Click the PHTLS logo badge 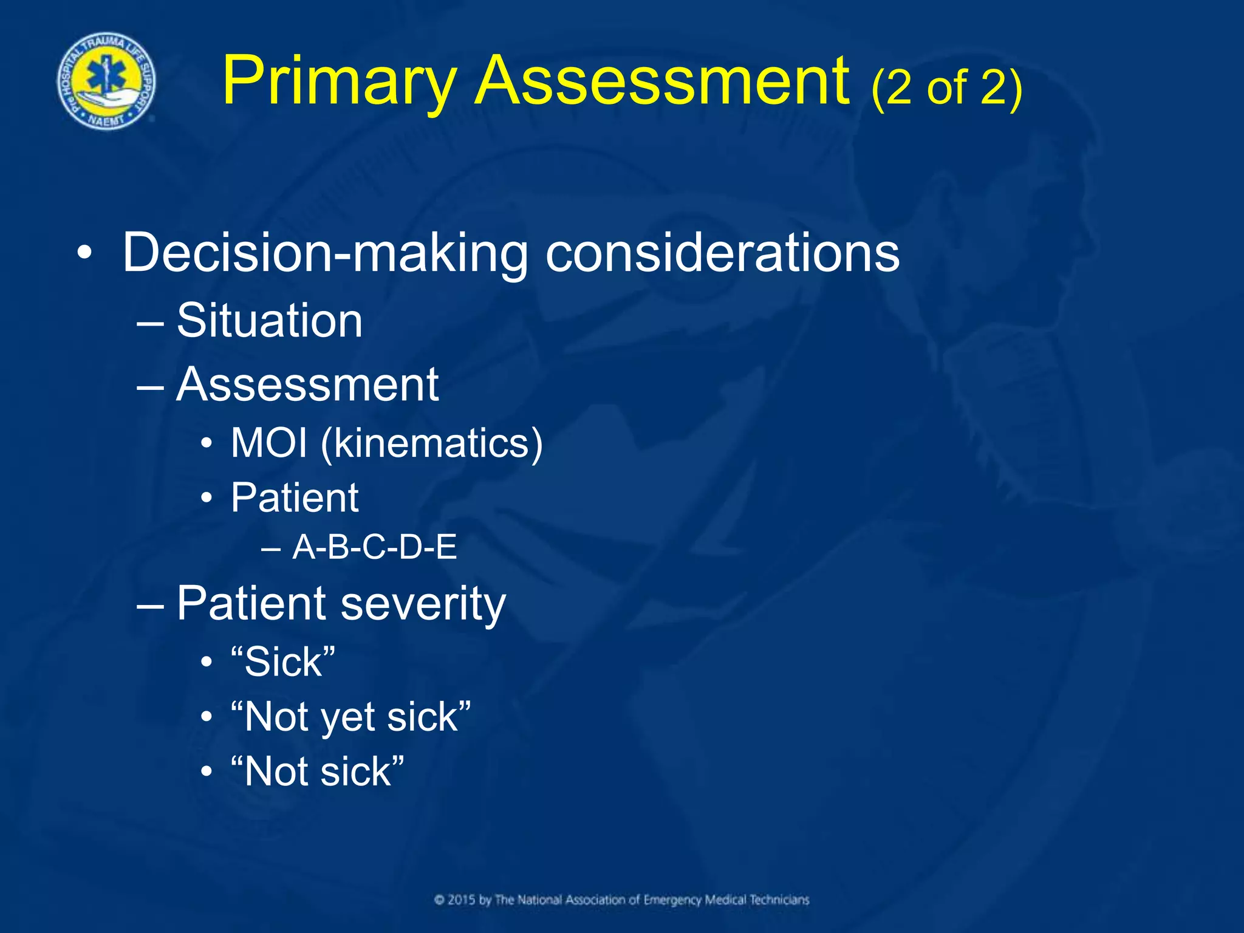(106, 82)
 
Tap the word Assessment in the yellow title (662, 81)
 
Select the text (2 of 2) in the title (946, 89)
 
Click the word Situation (269, 321)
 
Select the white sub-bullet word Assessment (307, 385)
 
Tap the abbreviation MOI (269, 443)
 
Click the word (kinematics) (432, 444)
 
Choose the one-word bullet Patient (295, 498)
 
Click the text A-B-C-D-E (374, 547)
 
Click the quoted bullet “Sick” (283, 661)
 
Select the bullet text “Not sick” (317, 772)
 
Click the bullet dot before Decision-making (85, 253)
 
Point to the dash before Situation (150, 323)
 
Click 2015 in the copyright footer (462, 900)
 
